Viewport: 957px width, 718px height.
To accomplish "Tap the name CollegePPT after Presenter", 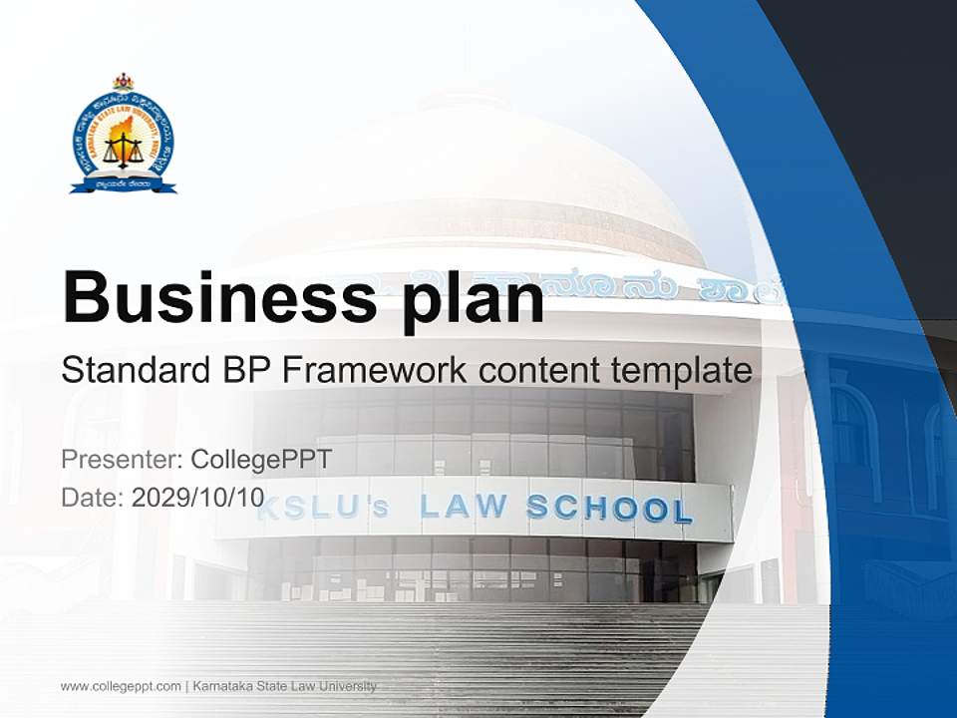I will [x=260, y=460].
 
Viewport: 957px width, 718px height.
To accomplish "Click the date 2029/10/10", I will [x=198, y=498].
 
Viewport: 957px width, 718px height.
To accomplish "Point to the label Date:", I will [x=93, y=498].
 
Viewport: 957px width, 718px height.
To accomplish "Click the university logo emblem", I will [x=123, y=136].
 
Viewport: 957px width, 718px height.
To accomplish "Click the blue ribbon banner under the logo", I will [x=123, y=184].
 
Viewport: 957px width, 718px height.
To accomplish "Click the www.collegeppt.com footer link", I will [x=121, y=686].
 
